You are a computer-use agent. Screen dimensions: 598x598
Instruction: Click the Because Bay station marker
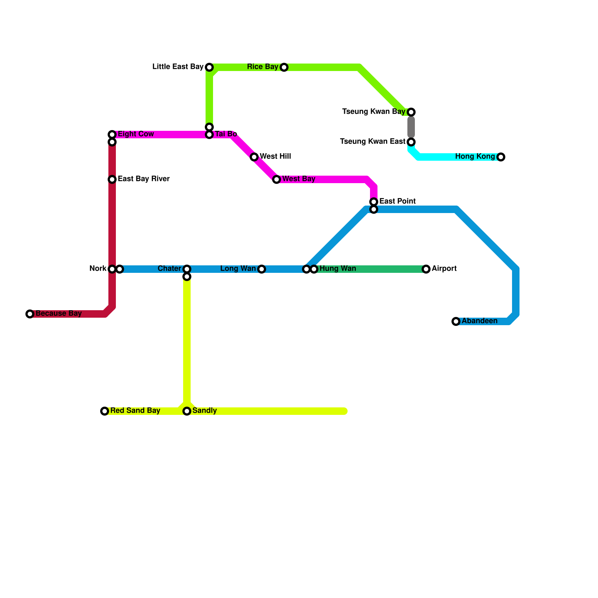pyautogui.click(x=30, y=314)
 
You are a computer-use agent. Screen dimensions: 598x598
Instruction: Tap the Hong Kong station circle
pyautogui.click(x=501, y=157)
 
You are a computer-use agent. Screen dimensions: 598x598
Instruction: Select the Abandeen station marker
pyautogui.click(x=456, y=321)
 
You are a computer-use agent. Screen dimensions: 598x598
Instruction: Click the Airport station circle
pyautogui.click(x=426, y=269)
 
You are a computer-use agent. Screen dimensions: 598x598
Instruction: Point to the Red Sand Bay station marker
pyautogui.click(x=105, y=411)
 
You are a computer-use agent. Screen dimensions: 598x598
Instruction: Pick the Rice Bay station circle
pyautogui.click(x=284, y=67)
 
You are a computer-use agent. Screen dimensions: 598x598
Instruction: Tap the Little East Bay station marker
pyautogui.click(x=209, y=67)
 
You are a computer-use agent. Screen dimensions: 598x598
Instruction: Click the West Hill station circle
pyautogui.click(x=254, y=157)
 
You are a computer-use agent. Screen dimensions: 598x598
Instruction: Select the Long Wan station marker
pyautogui.click(x=262, y=269)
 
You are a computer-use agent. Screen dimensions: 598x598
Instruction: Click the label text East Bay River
pyautogui.click(x=144, y=179)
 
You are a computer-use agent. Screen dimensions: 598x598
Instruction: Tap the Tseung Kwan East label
pyautogui.click(x=372, y=142)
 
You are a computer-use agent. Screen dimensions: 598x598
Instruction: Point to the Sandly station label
pyautogui.click(x=204, y=411)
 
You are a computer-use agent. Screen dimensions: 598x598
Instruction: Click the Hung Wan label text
pyautogui.click(x=337, y=269)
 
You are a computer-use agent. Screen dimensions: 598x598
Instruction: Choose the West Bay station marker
pyautogui.click(x=277, y=179)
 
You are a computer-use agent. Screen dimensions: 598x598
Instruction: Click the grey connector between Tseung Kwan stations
pyautogui.click(x=411, y=127)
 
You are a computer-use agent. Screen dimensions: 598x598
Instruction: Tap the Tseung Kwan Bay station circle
pyautogui.click(x=411, y=112)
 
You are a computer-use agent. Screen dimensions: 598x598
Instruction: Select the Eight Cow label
pyautogui.click(x=136, y=134)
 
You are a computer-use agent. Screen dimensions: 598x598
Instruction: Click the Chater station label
pyautogui.click(x=169, y=269)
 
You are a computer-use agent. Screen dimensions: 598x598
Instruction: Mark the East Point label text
pyautogui.click(x=397, y=201)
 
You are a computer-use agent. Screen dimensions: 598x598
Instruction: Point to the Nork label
pyautogui.click(x=98, y=269)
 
